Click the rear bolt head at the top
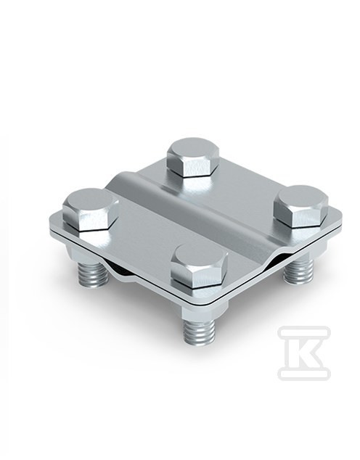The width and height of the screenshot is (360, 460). pyautogui.click(x=193, y=157)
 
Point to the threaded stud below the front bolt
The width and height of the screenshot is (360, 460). pyautogui.click(x=199, y=331)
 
